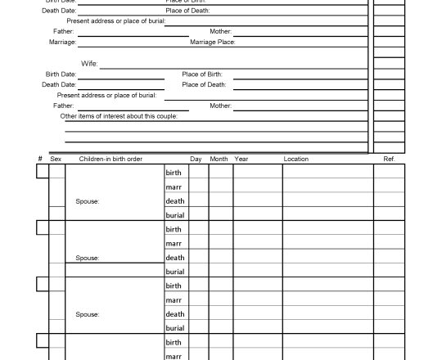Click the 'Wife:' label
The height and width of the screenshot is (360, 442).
(x=89, y=63)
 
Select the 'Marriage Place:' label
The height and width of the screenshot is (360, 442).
(x=212, y=42)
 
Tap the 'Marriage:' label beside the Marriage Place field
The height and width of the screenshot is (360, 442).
(x=63, y=42)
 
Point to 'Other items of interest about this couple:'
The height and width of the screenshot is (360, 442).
(x=119, y=116)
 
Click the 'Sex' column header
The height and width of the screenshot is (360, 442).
(x=56, y=159)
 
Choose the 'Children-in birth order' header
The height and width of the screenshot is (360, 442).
(x=110, y=159)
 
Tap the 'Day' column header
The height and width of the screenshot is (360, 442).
(x=196, y=159)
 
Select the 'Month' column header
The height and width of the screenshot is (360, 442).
(x=219, y=159)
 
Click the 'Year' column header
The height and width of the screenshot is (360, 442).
(x=241, y=159)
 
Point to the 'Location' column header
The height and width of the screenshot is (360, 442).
(x=295, y=159)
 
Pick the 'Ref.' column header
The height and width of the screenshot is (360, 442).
(x=389, y=159)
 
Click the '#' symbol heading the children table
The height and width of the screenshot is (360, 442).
(x=39, y=159)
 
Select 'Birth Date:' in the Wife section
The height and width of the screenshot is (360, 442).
(x=61, y=74)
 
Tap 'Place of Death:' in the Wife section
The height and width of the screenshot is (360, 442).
(x=204, y=84)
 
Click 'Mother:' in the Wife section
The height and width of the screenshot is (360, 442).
(x=220, y=106)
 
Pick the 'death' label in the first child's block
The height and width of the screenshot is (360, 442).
(x=175, y=201)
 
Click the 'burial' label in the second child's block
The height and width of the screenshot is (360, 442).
(x=175, y=272)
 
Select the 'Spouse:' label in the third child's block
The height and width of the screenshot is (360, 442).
(x=87, y=314)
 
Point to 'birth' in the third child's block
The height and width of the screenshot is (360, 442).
(x=174, y=286)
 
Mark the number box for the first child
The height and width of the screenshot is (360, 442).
(x=42, y=172)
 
